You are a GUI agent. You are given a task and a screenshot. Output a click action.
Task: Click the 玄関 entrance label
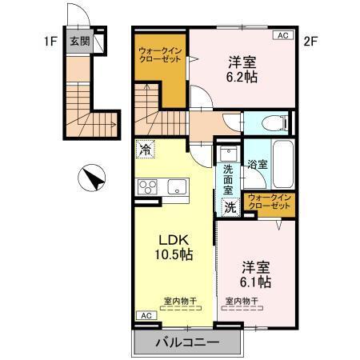coord(78,42)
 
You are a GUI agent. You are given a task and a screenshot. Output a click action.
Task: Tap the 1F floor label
coord(50,37)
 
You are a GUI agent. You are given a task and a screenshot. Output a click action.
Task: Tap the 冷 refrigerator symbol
coord(145,148)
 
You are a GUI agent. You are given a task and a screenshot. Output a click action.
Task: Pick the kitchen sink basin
coord(177,188)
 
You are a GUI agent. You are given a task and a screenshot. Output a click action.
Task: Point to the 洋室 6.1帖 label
coord(255,274)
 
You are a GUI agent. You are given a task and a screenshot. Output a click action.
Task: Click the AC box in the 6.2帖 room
coord(283,35)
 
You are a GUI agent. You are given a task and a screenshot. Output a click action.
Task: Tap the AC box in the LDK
coord(146,316)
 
